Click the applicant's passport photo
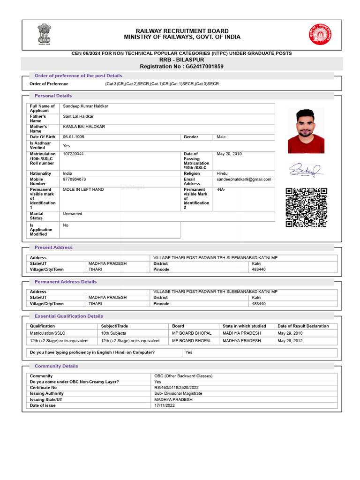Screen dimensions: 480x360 coord(306,131)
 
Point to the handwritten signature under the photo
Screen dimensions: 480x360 coord(305,170)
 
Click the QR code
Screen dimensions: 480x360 coord(306,207)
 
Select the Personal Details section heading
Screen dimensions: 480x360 coord(53,96)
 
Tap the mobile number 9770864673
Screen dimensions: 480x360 coord(75,179)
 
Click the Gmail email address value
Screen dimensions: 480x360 coord(244,179)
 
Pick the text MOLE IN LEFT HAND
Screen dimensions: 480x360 coord(83,189)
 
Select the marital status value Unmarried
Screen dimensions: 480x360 coord(73,214)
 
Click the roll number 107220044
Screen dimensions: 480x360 coord(74,154)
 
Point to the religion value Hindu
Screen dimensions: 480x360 coord(222,173)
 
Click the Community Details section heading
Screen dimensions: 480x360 coord(56,366)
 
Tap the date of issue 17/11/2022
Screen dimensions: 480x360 coord(165,405)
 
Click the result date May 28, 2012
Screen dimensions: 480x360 coord(290,341)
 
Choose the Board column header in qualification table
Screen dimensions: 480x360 coord(178,326)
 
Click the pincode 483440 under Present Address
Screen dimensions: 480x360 coord(259,270)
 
